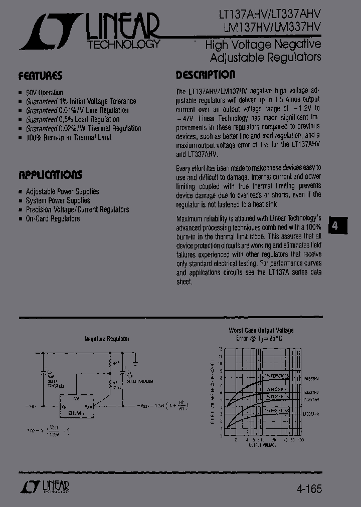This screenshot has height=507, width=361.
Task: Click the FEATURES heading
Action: [x=40, y=76]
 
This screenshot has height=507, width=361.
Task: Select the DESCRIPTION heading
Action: [x=205, y=75]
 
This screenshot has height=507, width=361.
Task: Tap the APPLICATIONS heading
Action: [x=50, y=175]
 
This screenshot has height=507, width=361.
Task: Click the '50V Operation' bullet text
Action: [x=44, y=93]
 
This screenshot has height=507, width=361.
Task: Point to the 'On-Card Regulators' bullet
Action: [x=53, y=219]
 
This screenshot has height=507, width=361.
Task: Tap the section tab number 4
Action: [x=335, y=225]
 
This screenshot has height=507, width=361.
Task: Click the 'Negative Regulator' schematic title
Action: [x=106, y=339]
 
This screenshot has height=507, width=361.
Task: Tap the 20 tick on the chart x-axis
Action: [x=273, y=439]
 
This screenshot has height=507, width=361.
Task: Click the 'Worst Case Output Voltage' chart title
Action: [x=261, y=331]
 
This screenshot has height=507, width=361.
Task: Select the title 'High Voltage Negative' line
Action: [x=263, y=45]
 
